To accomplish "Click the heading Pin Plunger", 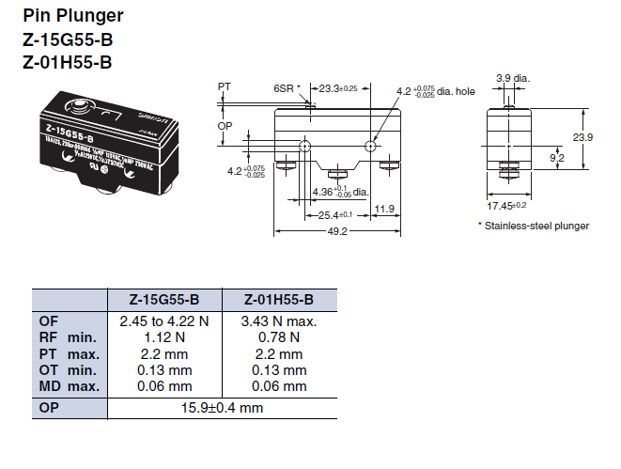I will click(x=72, y=16).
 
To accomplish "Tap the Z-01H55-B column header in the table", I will click(x=278, y=300).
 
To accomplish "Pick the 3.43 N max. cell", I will click(x=279, y=321).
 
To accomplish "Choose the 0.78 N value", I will click(x=279, y=337).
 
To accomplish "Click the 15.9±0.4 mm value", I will click(x=223, y=409).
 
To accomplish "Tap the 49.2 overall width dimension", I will click(x=336, y=231).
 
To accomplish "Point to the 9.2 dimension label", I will click(x=556, y=159).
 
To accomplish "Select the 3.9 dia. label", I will click(x=513, y=78).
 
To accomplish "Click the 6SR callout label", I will click(x=284, y=87).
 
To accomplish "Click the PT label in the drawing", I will click(x=224, y=86).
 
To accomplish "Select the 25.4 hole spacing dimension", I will click(x=324, y=215).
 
